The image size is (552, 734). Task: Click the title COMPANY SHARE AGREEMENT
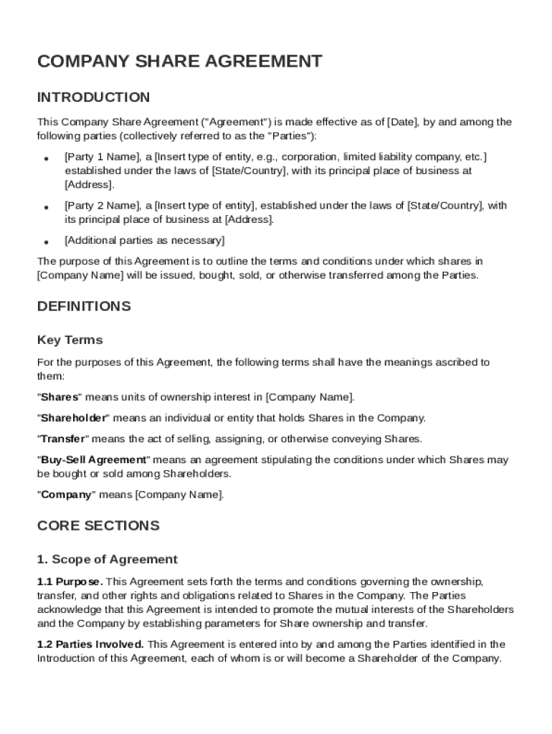click(179, 62)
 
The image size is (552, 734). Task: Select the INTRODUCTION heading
click(93, 97)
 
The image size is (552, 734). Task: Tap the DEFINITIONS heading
click(84, 307)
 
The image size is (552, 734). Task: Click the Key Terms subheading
click(70, 340)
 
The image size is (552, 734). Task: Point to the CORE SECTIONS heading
click(97, 525)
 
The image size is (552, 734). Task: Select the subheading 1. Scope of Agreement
click(107, 559)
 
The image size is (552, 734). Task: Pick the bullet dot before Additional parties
click(46, 241)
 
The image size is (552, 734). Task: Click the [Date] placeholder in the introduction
click(402, 123)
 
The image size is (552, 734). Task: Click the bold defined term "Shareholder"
click(73, 418)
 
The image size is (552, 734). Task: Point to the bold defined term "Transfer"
click(62, 439)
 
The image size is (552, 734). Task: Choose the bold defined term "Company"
click(67, 495)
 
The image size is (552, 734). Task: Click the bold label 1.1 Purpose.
click(70, 581)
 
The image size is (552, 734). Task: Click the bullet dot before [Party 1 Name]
click(46, 158)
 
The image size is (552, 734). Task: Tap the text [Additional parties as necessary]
click(144, 240)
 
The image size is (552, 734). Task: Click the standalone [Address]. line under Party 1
click(89, 185)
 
